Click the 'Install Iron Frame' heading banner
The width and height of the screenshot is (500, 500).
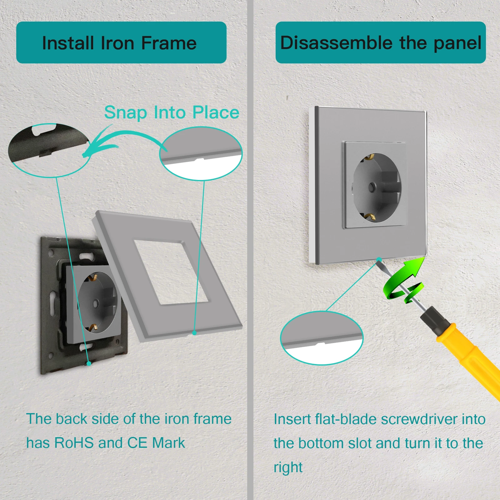point(121,42)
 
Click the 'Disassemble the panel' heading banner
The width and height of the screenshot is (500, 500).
point(381,42)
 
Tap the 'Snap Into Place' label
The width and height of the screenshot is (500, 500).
point(172,113)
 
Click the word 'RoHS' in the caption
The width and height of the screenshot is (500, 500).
point(74,443)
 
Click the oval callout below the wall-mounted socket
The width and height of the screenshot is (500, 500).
point(322,338)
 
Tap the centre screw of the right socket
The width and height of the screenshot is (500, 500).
point(372,187)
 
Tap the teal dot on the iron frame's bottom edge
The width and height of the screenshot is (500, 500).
point(89,363)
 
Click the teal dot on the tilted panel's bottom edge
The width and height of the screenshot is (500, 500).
point(194,333)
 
